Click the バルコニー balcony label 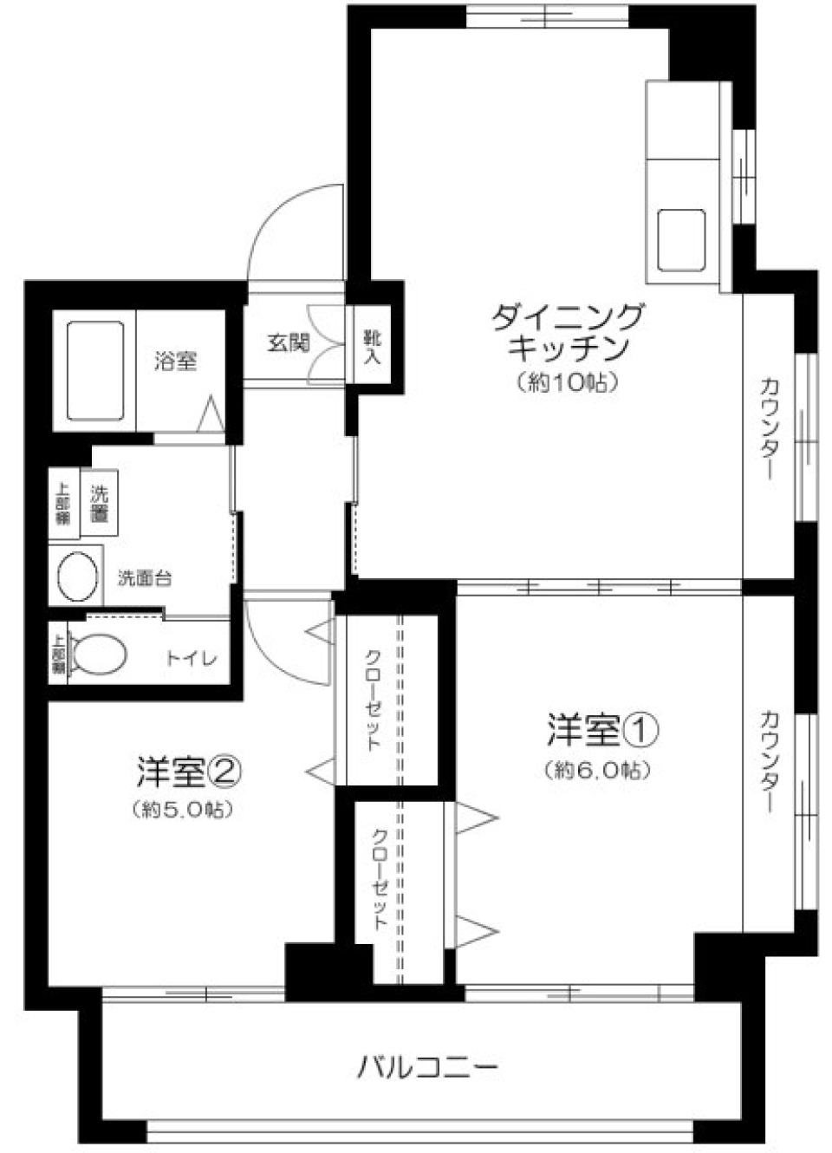coord(427,1065)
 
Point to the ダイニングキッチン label coord(568,332)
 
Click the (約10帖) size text coord(567,382)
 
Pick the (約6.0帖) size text coord(597,770)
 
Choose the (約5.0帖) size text coord(184,810)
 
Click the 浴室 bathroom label coord(176,361)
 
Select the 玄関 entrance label coord(288,343)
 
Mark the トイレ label coord(192,659)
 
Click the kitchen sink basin coord(681,239)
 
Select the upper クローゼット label coord(371,699)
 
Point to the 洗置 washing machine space coord(99,504)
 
